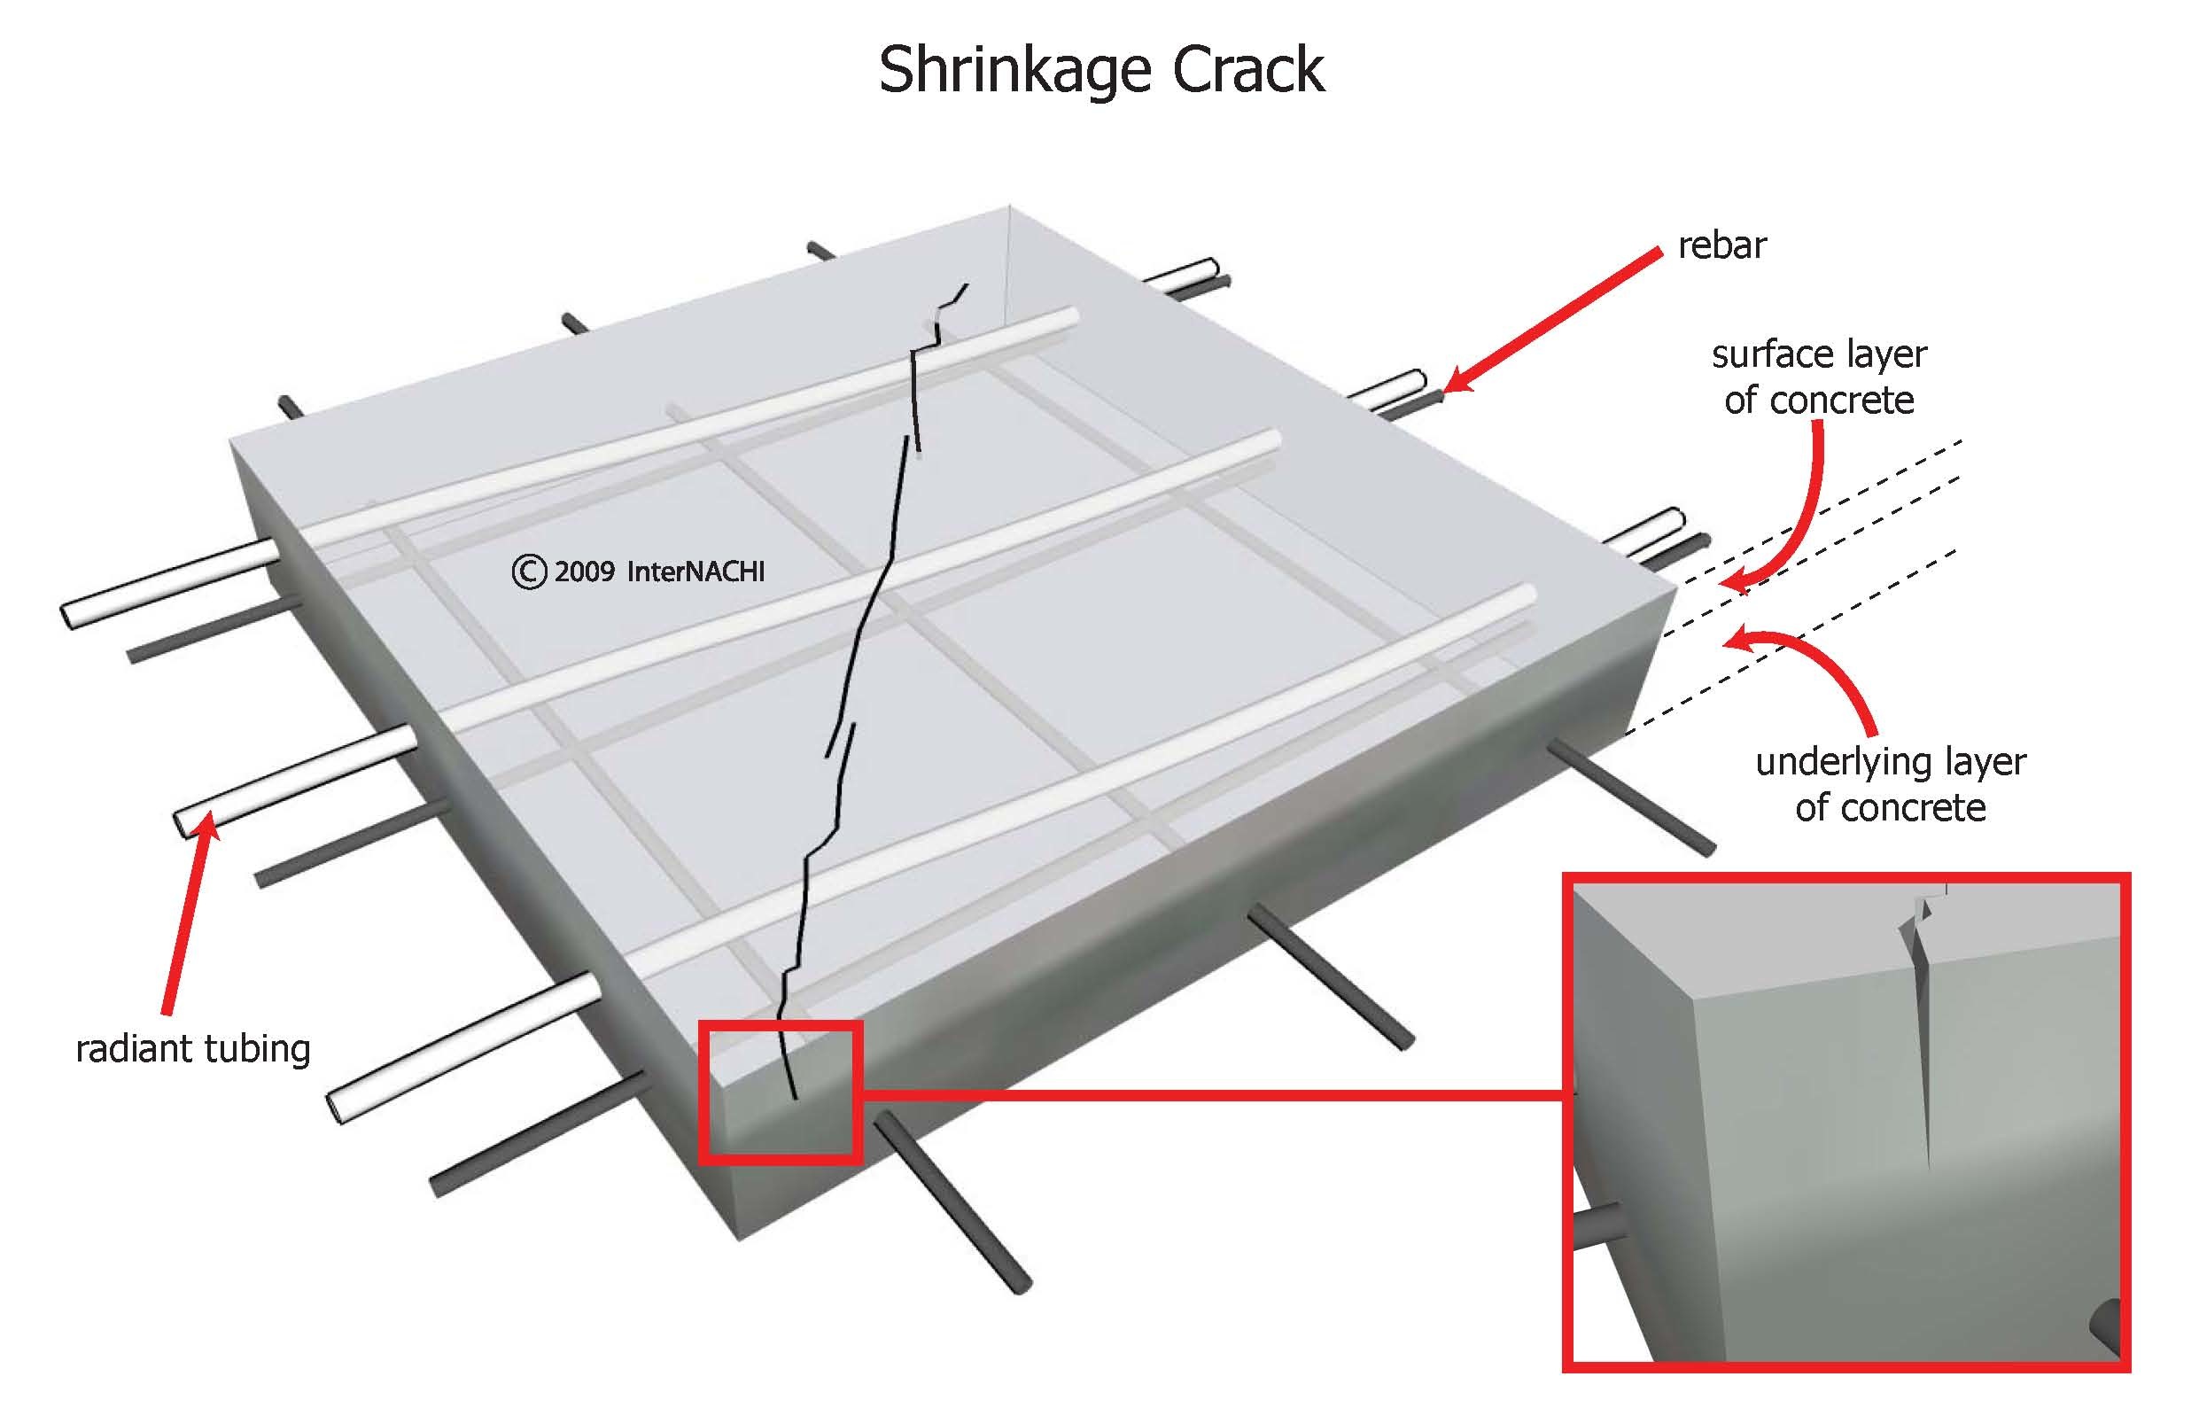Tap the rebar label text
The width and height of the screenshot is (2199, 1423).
tap(1721, 245)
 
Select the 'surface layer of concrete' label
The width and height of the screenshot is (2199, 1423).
tap(1818, 377)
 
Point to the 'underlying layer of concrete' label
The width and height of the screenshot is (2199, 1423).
tap(1890, 784)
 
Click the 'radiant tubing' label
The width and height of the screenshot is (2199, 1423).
tap(193, 1049)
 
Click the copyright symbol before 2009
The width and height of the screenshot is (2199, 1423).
tap(530, 572)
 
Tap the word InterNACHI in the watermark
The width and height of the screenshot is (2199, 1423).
tap(695, 572)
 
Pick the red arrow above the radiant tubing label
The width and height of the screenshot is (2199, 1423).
tap(190, 914)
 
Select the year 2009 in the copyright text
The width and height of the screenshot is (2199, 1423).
tap(585, 572)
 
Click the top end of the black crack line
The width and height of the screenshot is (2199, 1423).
tap(967, 285)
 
